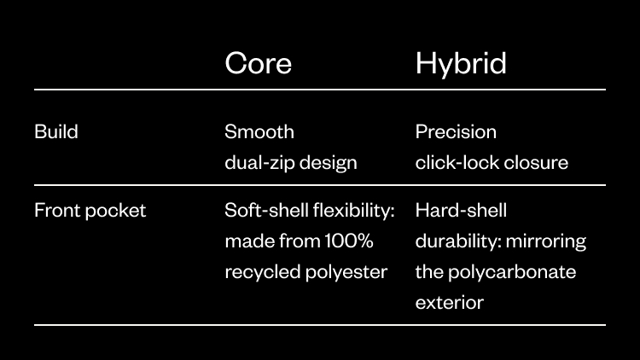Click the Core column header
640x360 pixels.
[259, 63]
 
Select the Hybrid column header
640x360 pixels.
[461, 64]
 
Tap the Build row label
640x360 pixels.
[56, 132]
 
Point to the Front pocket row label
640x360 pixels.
[90, 211]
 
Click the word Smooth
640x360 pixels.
[259, 132]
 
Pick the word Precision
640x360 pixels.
[456, 132]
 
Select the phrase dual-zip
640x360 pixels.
[259, 163]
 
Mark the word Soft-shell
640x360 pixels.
[266, 211]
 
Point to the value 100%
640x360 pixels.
[349, 241]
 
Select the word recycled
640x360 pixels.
[263, 272]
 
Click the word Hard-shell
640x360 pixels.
[461, 211]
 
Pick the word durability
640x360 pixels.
[459, 241]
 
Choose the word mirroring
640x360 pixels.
[546, 241]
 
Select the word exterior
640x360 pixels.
[450, 303]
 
